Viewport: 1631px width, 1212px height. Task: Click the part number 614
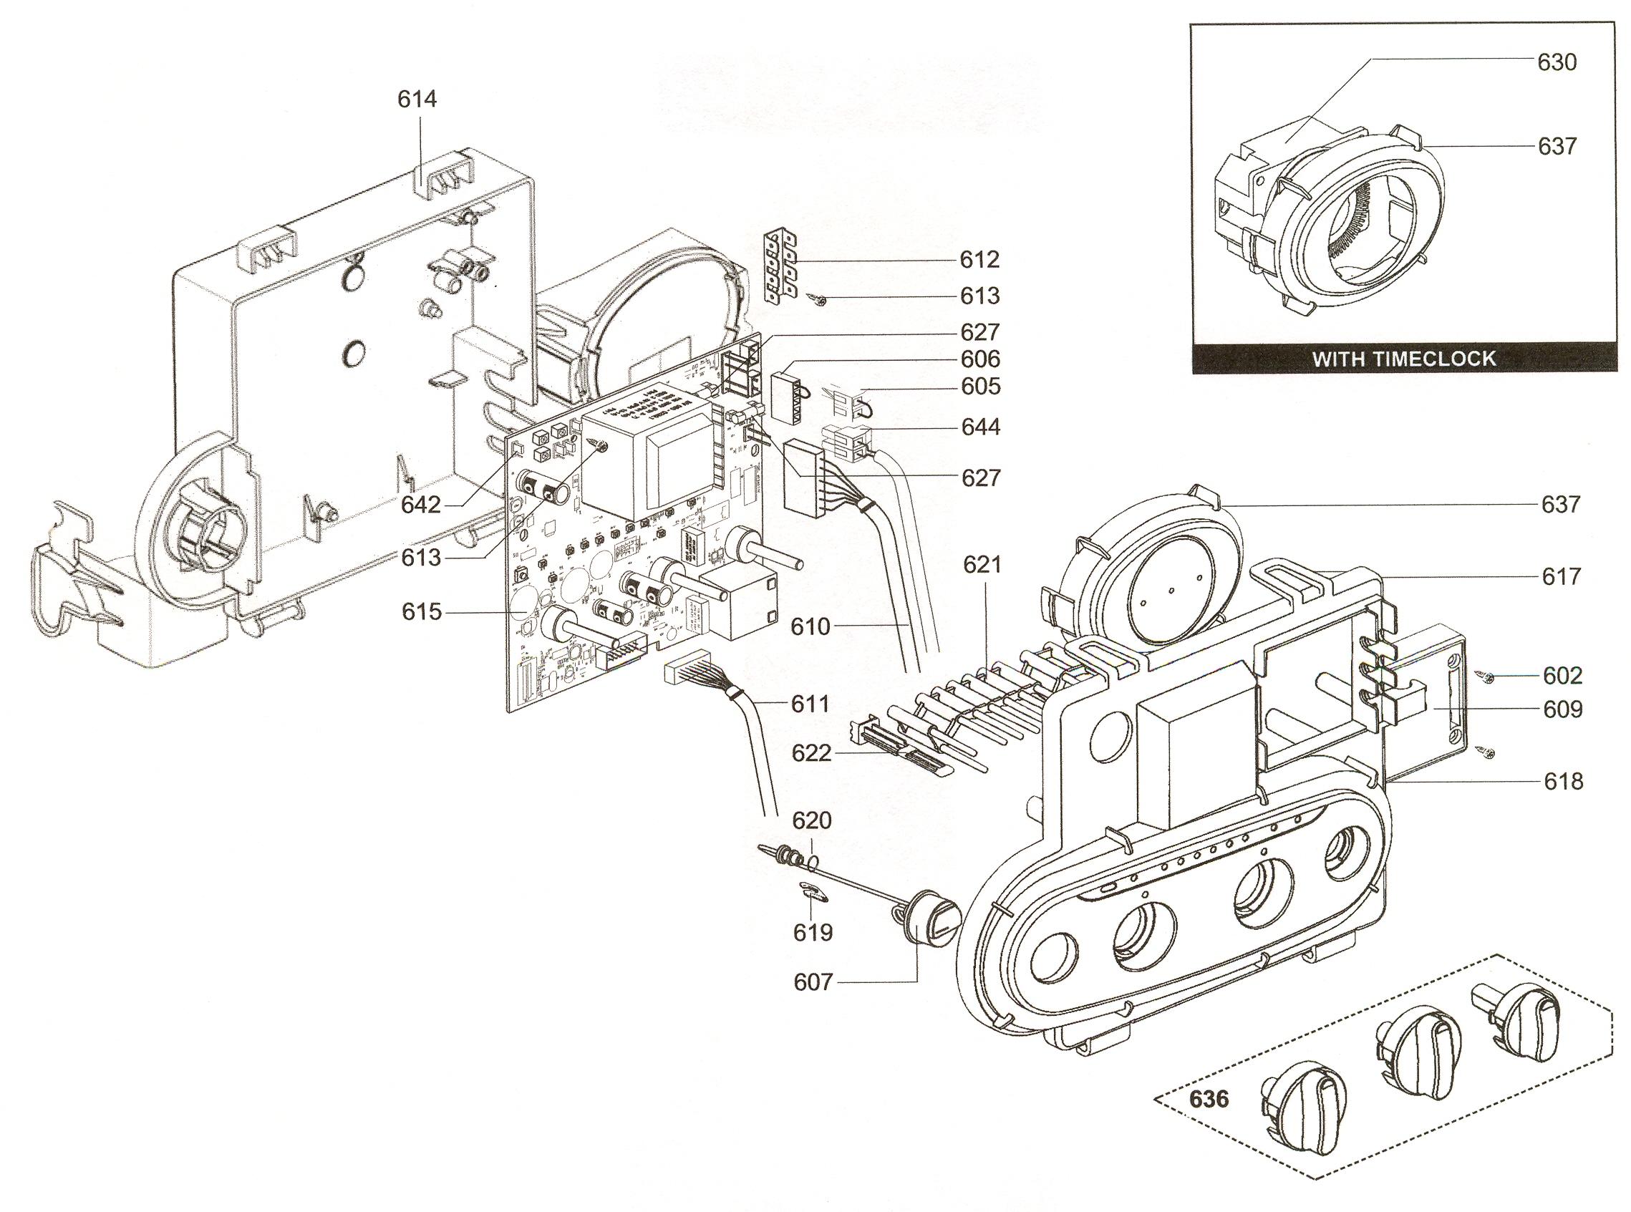click(417, 99)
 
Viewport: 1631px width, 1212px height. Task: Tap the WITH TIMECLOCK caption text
click(1403, 359)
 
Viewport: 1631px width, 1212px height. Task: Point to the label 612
click(979, 260)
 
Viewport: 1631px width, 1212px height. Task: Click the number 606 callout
click(979, 359)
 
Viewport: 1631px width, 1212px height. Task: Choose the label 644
click(979, 427)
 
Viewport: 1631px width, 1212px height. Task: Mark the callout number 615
click(421, 611)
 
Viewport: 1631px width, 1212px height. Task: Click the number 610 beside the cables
click(810, 626)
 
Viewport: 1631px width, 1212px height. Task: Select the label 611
click(810, 704)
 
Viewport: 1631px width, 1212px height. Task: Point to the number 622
click(810, 753)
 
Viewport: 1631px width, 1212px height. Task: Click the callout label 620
click(811, 820)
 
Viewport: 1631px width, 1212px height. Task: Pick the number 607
click(813, 981)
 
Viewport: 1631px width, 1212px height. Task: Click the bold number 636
click(1209, 1099)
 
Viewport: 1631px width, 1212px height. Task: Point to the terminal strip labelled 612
click(780, 265)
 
